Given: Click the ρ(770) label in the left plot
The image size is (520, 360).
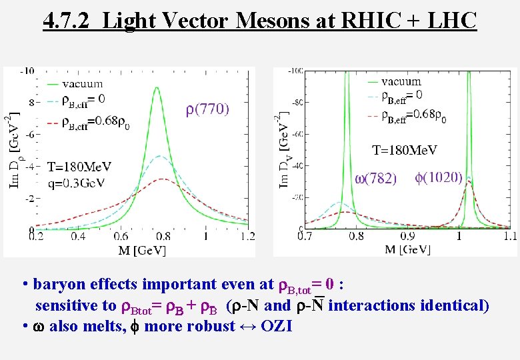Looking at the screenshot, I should tap(207, 109).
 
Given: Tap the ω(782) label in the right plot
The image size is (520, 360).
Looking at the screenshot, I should tap(375, 178).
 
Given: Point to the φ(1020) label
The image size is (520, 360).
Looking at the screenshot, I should tap(439, 177).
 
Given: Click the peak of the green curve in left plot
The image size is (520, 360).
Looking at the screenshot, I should tap(157, 88).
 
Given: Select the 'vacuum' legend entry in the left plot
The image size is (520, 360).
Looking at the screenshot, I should tap(82, 83).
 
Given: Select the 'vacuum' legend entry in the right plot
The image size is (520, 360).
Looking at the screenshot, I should tap(401, 81).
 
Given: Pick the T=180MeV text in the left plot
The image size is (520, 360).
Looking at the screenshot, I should tap(79, 166).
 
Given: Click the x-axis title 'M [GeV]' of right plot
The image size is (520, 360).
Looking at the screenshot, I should tap(408, 249).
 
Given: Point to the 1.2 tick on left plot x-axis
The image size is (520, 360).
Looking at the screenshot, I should tap(247, 236).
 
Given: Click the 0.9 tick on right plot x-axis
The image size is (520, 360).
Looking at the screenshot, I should tap(407, 236).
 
